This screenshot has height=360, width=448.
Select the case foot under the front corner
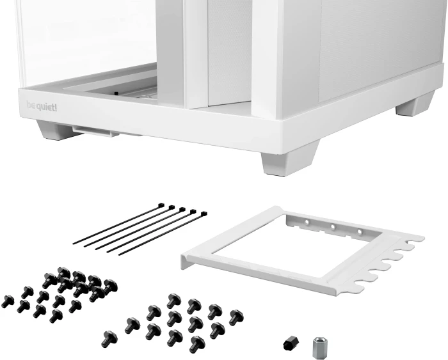point(289,160)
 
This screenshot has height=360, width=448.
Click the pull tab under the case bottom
point(96,131)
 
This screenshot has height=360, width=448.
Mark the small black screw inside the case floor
point(116,93)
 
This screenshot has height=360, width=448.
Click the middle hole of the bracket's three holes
point(333,227)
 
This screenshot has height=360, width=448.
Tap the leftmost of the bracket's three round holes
point(308,224)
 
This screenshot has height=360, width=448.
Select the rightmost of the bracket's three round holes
point(359,231)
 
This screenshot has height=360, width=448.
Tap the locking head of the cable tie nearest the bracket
point(204,214)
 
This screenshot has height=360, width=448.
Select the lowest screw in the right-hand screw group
point(196,344)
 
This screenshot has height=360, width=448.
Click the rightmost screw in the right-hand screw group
point(236,316)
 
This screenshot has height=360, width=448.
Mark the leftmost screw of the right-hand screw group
point(109,335)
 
